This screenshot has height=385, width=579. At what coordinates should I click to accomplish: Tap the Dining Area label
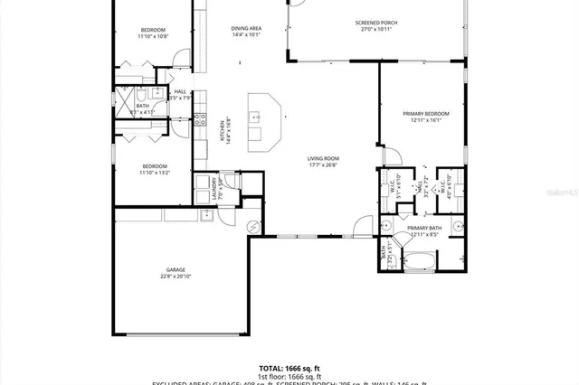click(246, 32)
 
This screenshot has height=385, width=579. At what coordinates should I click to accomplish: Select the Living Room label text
click(321, 161)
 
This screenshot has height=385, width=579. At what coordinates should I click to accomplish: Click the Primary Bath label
click(423, 231)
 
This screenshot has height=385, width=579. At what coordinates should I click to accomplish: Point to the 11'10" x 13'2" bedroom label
click(154, 169)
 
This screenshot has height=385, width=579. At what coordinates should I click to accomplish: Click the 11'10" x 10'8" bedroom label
click(154, 33)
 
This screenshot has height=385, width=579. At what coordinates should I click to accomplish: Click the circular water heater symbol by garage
click(253, 225)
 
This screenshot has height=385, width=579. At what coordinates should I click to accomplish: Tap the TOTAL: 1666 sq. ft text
click(289, 368)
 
